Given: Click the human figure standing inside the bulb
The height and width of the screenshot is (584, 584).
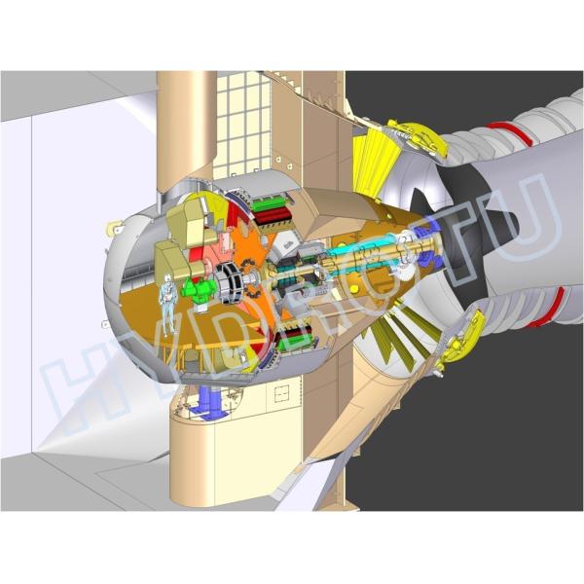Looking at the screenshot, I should click(x=168, y=301).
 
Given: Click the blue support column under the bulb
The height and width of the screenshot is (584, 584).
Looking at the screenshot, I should click(x=212, y=399).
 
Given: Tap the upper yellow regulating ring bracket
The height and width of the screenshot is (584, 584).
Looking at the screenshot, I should click(x=420, y=142).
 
